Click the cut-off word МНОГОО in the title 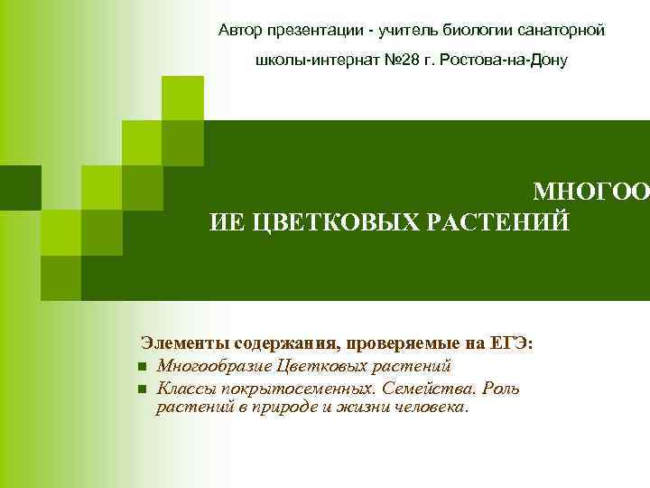590,192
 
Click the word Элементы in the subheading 185,344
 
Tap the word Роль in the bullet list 501,388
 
